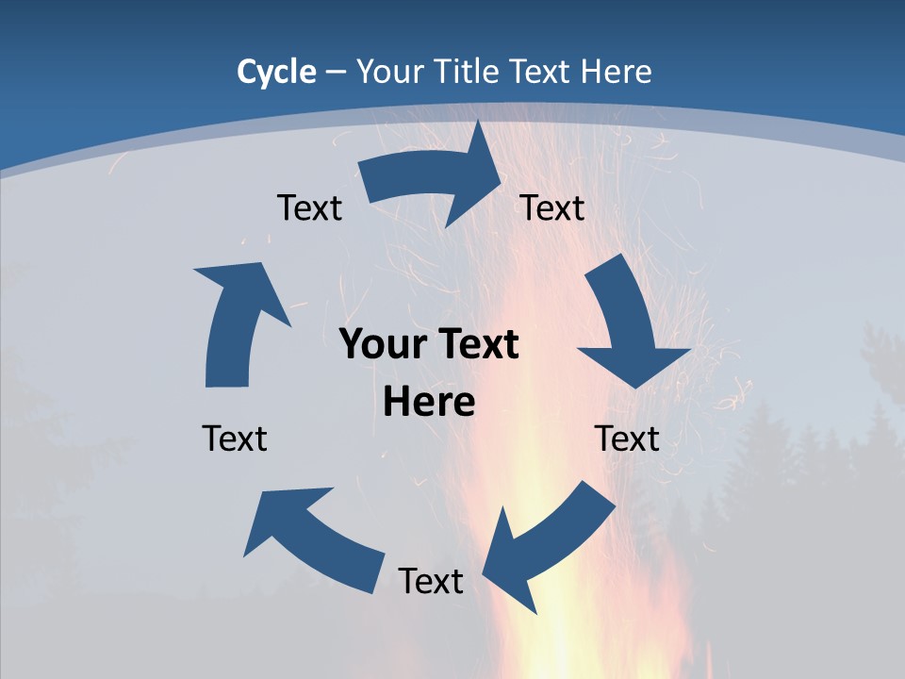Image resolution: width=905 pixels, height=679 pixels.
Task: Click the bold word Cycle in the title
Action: tap(276, 72)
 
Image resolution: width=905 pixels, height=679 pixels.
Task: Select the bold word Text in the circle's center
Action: tap(475, 345)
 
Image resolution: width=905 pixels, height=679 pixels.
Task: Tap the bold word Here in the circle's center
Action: tap(429, 403)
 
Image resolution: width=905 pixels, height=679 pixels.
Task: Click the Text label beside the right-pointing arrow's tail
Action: tap(309, 207)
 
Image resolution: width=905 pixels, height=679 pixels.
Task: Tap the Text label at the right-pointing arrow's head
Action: tap(552, 207)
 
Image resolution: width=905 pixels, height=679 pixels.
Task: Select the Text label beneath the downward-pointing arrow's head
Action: tap(627, 439)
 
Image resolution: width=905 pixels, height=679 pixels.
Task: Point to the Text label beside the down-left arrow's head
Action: tap(431, 581)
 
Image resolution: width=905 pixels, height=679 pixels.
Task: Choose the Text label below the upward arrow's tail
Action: tap(235, 439)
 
